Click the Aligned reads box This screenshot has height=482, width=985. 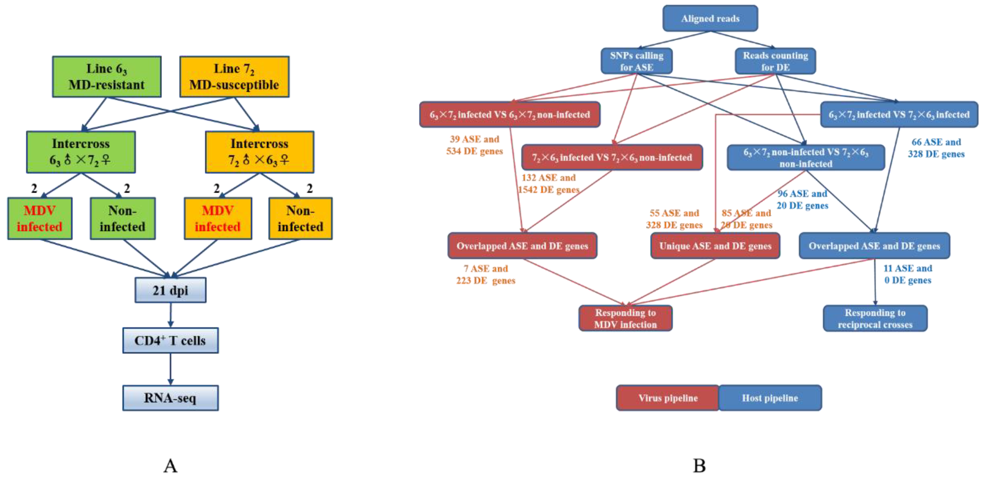point(710,18)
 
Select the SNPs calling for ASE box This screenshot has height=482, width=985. point(636,61)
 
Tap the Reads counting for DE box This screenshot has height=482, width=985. point(775,61)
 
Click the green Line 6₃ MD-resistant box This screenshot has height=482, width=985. point(107,77)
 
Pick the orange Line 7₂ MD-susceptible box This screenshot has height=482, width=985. point(234,77)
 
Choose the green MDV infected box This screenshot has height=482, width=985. point(40,219)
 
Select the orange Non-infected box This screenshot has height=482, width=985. point(300,219)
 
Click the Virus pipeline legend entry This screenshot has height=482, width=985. point(667,398)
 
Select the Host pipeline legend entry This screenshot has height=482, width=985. point(770,398)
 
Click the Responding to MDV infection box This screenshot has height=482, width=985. point(625,318)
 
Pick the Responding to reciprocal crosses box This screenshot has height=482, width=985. point(875,318)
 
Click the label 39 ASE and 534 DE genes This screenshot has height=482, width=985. point(474,145)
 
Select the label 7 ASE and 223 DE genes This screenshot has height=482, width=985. point(486,274)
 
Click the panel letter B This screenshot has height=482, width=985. point(699,465)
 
